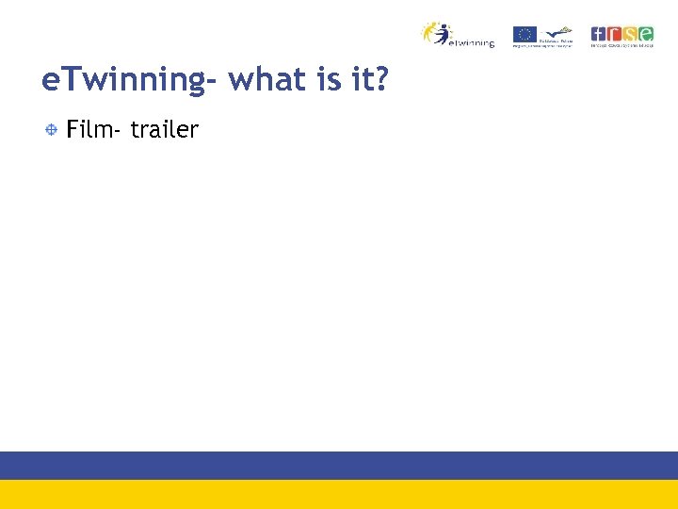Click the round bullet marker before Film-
click(53, 129)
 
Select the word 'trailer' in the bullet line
click(165, 130)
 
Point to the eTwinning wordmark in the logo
click(472, 42)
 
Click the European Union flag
click(525, 34)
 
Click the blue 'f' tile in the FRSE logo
click(598, 33)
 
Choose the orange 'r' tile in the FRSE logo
click(614, 33)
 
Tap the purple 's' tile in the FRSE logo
click(630, 33)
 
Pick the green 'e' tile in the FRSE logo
click(646, 33)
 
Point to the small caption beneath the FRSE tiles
click(621, 45)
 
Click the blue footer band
click(339, 466)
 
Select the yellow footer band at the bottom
click(339, 494)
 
